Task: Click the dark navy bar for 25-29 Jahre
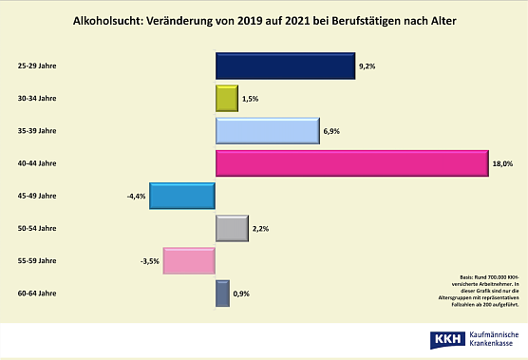tap(285, 66)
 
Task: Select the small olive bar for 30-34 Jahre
tap(227, 98)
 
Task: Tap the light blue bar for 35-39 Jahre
tap(267, 130)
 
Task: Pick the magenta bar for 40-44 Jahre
tap(351, 163)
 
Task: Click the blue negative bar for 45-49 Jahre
tap(183, 196)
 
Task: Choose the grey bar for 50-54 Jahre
tap(232, 228)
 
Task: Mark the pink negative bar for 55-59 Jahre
tap(189, 260)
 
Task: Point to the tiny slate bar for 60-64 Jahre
tap(222, 294)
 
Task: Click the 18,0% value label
tap(503, 163)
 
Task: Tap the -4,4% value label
tap(135, 197)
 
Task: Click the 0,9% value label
tap(241, 294)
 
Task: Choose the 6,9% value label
tap(332, 131)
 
